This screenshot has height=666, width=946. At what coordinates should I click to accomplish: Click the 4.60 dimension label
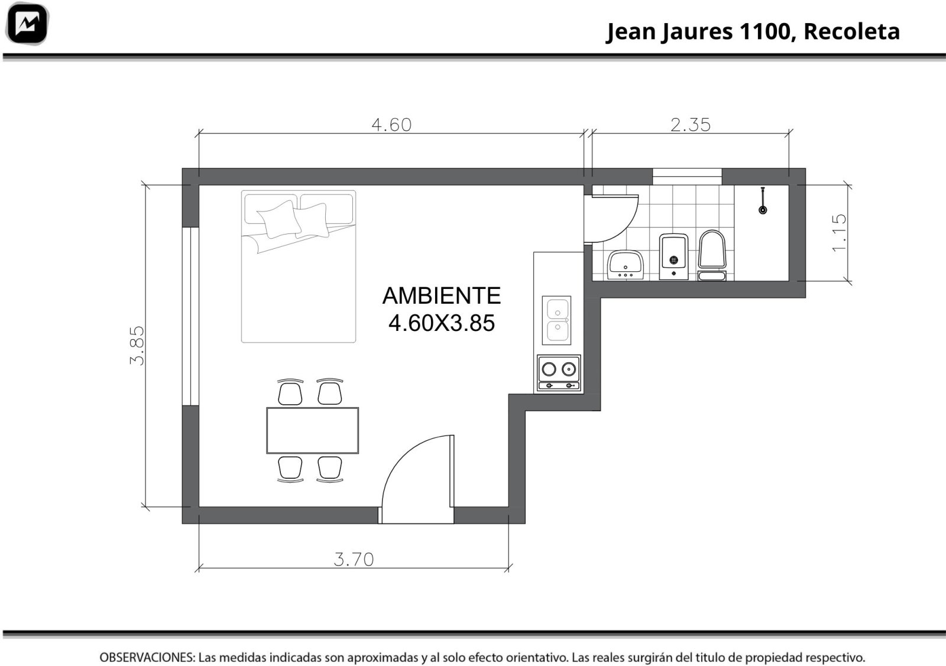(391, 125)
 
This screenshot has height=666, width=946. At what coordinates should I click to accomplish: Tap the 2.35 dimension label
(691, 125)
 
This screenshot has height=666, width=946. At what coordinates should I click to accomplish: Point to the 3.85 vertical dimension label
(137, 346)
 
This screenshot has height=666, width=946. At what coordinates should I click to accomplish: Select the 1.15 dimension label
(839, 233)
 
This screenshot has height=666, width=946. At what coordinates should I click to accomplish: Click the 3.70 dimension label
(354, 560)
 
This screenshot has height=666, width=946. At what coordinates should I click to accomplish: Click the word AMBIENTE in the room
(441, 295)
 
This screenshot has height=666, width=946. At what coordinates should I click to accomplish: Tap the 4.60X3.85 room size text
(441, 323)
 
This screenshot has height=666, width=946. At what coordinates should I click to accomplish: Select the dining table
(313, 430)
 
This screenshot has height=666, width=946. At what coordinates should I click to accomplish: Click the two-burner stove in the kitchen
(559, 373)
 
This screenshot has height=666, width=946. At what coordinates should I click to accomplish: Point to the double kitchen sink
(556, 320)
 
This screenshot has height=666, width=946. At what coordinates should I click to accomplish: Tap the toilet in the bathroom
(712, 255)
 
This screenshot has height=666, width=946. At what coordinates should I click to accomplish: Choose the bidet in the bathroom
(673, 256)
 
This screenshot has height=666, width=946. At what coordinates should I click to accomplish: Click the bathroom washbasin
(626, 265)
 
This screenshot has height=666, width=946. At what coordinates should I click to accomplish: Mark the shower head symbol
(763, 201)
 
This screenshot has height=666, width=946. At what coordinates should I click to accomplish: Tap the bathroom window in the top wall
(687, 177)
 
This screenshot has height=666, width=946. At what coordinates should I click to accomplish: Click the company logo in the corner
(27, 24)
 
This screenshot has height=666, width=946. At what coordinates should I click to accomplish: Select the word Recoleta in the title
(851, 31)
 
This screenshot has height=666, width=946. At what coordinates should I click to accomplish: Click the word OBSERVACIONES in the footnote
(147, 658)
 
